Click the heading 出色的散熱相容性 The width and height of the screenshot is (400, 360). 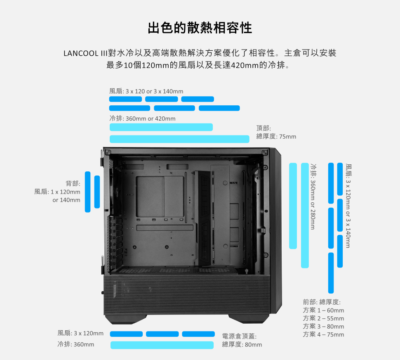tap(200, 28)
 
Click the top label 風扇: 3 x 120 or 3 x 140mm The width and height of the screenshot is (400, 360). tap(146, 91)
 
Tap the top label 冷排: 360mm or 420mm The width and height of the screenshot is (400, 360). tap(142, 118)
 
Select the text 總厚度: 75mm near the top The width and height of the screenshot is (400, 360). tap(276, 136)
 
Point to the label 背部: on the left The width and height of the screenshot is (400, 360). tap(73, 183)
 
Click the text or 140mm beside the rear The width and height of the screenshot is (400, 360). tap(66, 200)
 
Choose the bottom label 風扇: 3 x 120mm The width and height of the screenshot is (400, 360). tap(80, 333)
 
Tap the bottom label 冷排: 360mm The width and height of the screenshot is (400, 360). tap(76, 344)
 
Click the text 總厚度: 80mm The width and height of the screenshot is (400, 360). tap(242, 344)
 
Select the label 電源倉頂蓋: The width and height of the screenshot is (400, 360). tap(239, 336)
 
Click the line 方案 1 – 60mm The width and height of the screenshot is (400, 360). tap(323, 310)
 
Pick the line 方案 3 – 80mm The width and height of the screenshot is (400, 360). tap(323, 326)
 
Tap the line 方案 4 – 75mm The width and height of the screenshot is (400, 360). tap(323, 334)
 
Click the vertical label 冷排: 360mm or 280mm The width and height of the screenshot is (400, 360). tap(313, 197)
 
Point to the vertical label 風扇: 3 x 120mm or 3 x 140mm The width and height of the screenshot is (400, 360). tap(348, 206)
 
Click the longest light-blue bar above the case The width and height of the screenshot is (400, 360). tap(179, 139)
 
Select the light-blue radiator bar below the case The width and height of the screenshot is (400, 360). tap(162, 345)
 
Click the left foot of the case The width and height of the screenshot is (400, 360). tap(126, 319)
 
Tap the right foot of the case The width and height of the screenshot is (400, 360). tap(249, 319)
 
